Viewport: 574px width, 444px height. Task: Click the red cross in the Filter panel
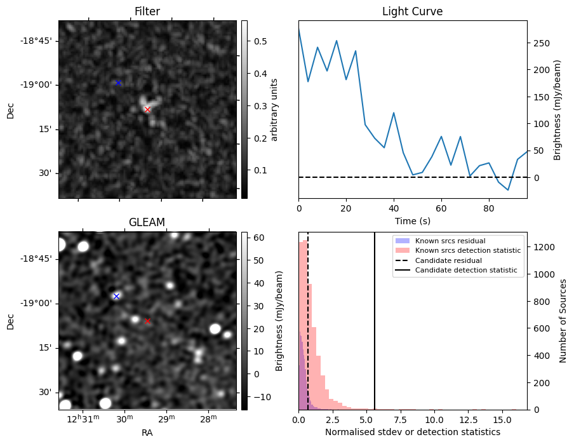[147, 109]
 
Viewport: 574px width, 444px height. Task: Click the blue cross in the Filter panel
[118, 83]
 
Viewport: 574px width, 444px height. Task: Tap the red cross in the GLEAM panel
[147, 321]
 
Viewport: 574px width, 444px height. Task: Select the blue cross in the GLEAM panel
[116, 296]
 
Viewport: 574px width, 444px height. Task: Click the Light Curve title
[412, 11]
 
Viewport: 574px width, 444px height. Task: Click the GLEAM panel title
[147, 222]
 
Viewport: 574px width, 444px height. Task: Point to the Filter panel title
[147, 11]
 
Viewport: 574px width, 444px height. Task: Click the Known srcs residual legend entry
[450, 241]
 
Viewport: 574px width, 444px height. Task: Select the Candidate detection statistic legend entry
[466, 271]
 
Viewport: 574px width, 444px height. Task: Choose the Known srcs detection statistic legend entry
[467, 251]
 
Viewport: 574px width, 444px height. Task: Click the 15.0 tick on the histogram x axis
[502, 420]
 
